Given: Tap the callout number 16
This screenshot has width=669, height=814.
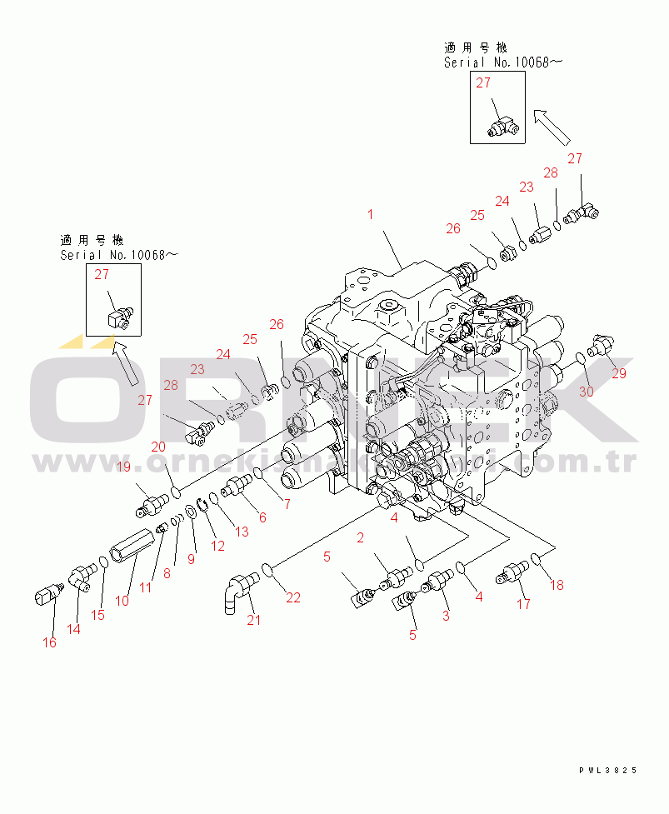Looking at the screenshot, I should (50, 642).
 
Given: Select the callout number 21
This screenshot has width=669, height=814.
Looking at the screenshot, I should (253, 619).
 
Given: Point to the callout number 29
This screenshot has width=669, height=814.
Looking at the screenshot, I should (619, 373).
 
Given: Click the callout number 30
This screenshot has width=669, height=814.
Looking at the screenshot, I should (587, 392).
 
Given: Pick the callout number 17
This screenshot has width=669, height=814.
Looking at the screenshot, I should (523, 605).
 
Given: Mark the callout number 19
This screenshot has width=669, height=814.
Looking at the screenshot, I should (122, 467).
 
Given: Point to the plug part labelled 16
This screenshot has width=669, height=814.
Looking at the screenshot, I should (47, 598).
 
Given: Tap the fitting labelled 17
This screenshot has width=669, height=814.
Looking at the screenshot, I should (510, 574).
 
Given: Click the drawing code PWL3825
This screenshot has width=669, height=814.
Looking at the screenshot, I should (608, 771).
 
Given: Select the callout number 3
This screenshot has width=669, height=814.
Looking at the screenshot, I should (446, 616).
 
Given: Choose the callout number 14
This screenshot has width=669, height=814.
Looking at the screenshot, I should (74, 629).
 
